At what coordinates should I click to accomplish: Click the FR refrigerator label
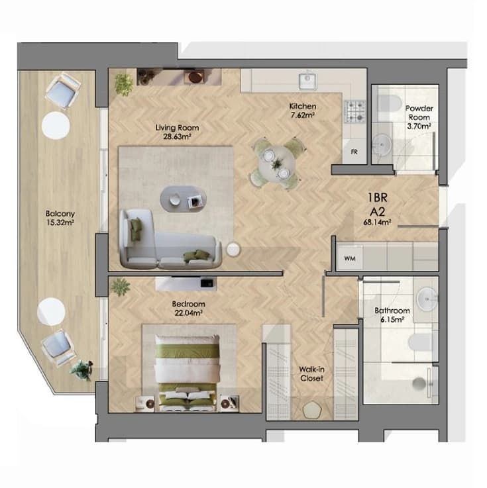click(x=354, y=152)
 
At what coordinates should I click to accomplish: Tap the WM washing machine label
click(x=350, y=259)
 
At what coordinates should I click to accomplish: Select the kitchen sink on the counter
click(x=307, y=81)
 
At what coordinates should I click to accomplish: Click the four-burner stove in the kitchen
click(x=354, y=111)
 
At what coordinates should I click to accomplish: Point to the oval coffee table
click(x=183, y=199)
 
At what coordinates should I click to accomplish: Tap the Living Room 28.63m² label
click(x=177, y=132)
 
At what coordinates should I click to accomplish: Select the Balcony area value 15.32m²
click(x=60, y=222)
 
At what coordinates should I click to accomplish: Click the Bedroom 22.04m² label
click(x=188, y=309)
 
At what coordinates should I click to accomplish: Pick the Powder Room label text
click(x=419, y=113)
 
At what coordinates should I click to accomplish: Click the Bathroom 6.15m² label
click(x=392, y=315)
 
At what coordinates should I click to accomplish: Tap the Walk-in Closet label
click(x=311, y=374)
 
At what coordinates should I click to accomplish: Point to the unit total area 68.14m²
click(x=377, y=222)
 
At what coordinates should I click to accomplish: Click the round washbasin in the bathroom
click(x=427, y=299)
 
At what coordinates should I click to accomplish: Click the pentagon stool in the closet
click(x=312, y=410)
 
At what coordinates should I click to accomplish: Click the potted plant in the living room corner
click(x=124, y=83)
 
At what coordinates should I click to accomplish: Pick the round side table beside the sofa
click(x=233, y=249)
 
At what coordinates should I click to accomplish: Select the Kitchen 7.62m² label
click(x=302, y=111)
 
